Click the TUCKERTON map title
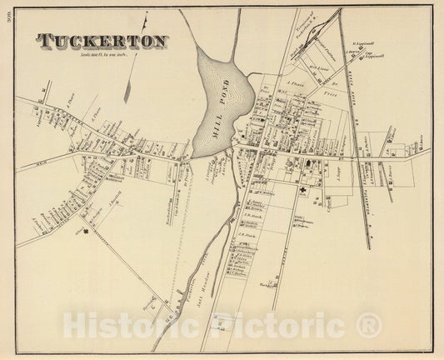click(102, 41)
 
